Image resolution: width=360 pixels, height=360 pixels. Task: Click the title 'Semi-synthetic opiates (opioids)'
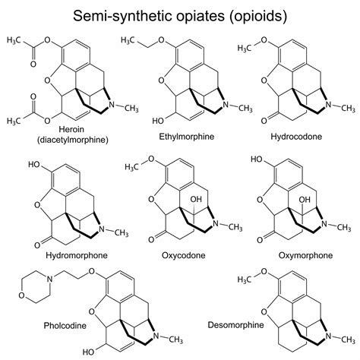point(180,14)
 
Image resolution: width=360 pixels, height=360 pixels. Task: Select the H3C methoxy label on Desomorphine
point(270,279)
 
